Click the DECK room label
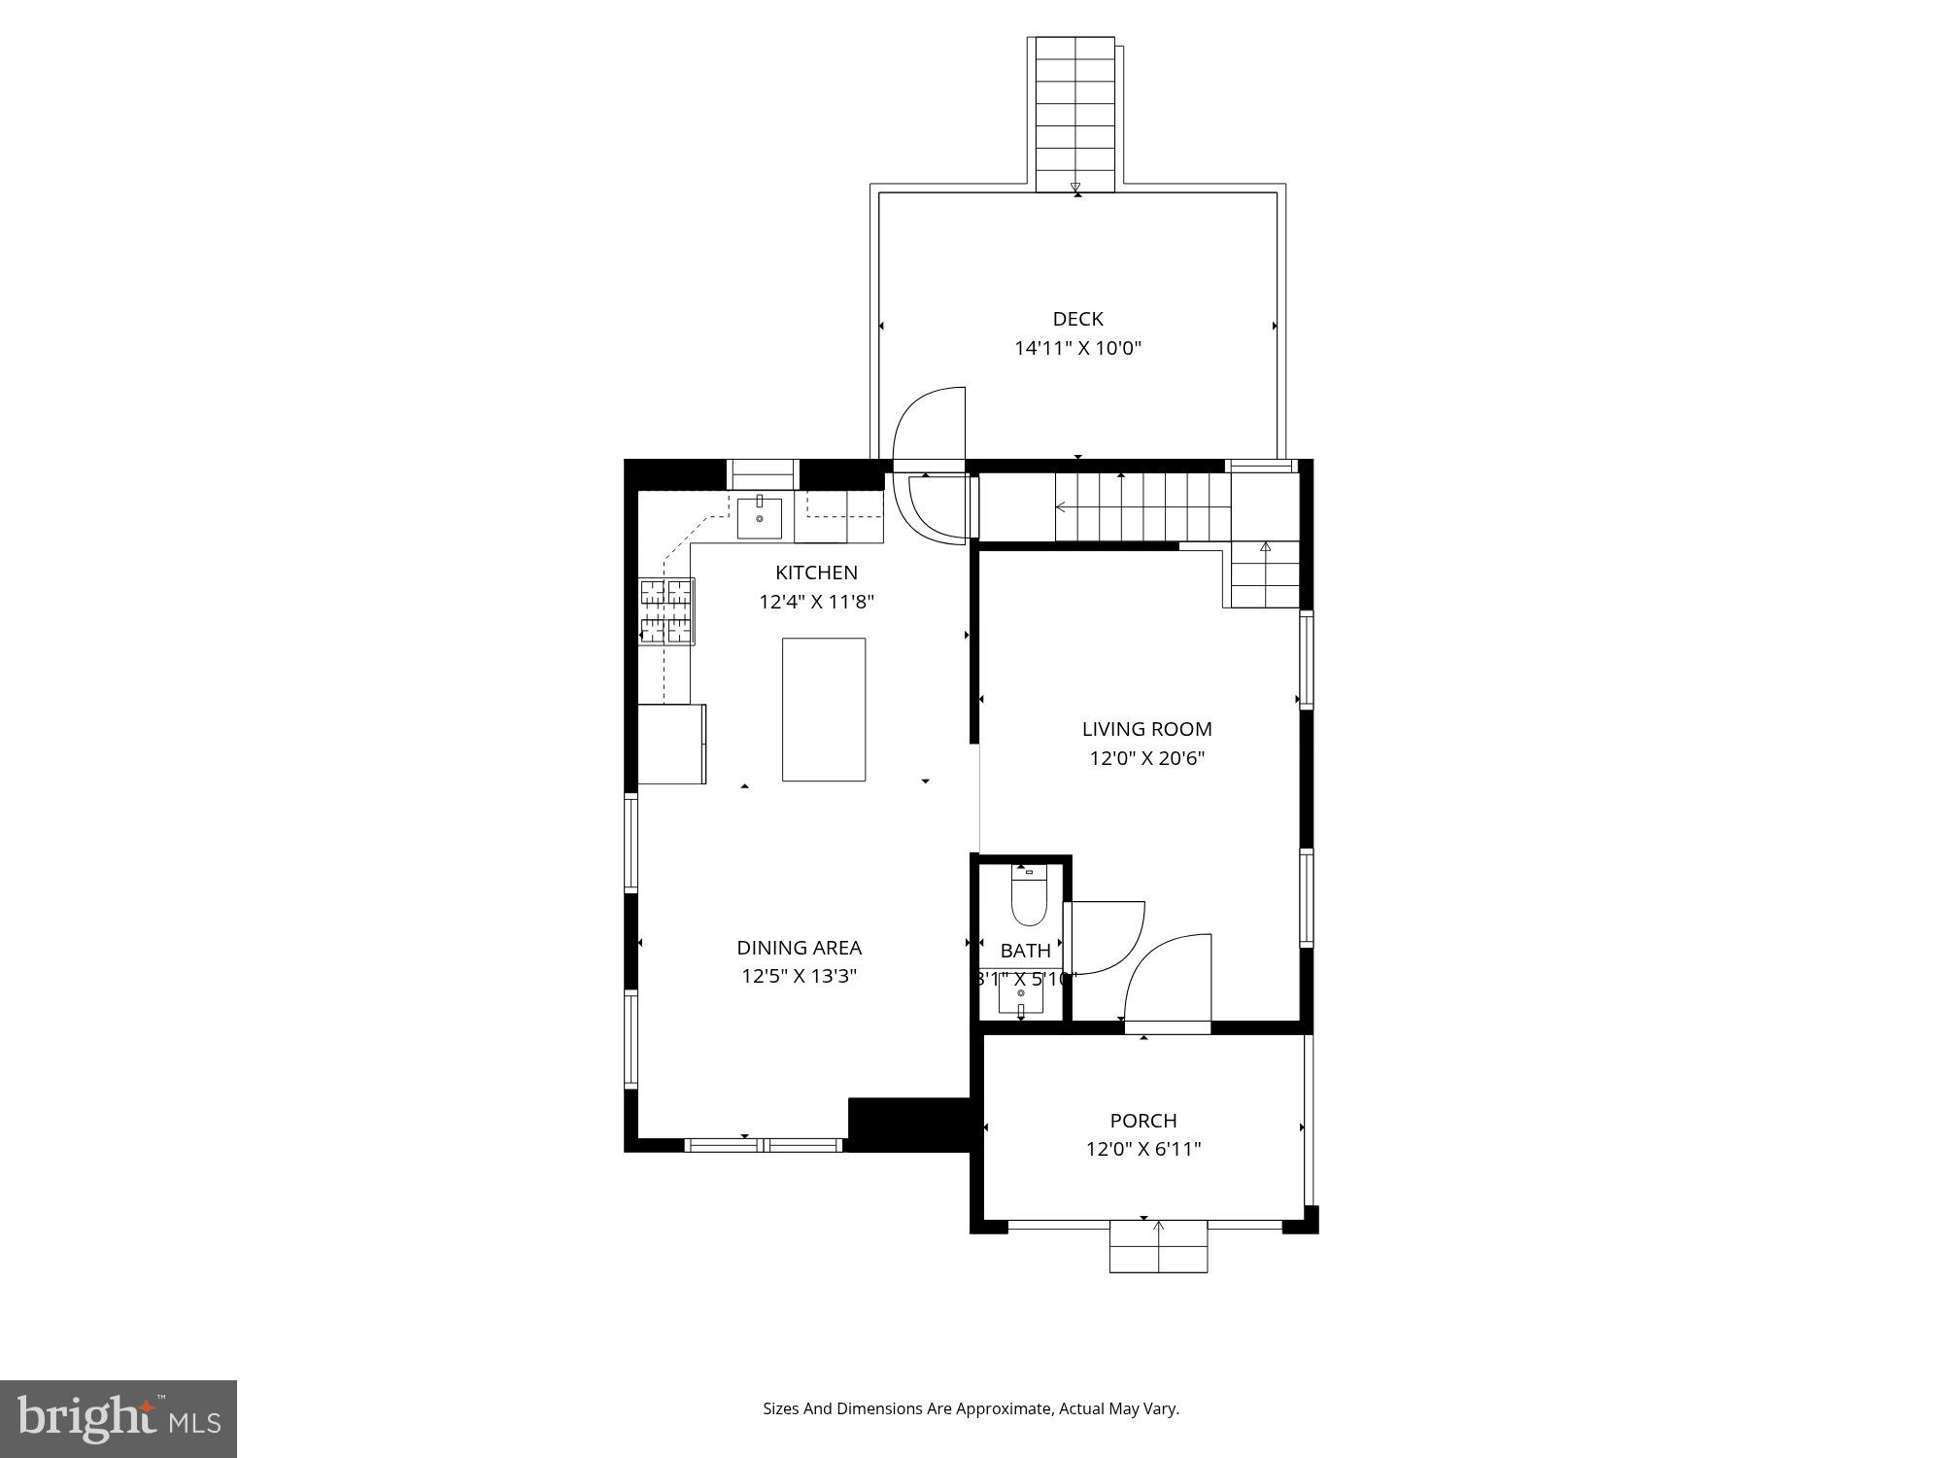tap(1077, 319)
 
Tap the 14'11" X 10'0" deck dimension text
tap(1077, 348)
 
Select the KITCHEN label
tap(816, 573)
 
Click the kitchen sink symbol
tap(759, 517)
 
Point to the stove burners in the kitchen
tap(666, 611)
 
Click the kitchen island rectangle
tap(824, 709)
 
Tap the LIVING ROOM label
tap(1146, 729)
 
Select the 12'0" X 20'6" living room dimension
tap(1146, 758)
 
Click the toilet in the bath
tap(1028, 898)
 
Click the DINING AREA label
tap(799, 948)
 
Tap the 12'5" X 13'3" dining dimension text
tap(799, 976)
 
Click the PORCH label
tap(1143, 1121)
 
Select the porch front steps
tap(1158, 1247)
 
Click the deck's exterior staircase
tap(1074, 115)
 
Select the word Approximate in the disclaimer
tap(1006, 1408)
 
